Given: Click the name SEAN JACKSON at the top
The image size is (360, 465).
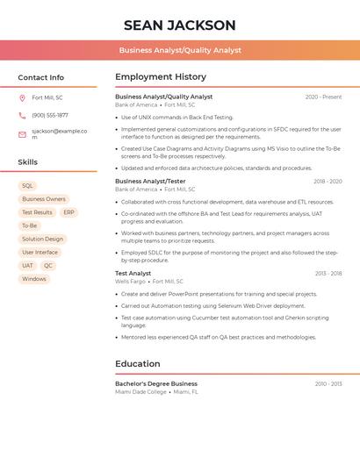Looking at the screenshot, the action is click(x=180, y=25).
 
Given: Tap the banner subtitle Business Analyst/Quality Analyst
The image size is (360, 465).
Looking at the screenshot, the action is click(x=180, y=51).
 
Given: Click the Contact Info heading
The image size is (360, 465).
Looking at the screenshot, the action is click(x=40, y=77).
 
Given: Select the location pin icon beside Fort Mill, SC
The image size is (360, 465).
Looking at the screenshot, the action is click(x=22, y=97).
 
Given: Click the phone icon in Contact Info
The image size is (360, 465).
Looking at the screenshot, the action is click(x=22, y=115).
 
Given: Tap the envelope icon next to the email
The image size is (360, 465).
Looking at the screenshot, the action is click(x=22, y=134).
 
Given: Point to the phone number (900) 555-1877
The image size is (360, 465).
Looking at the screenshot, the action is click(x=50, y=115).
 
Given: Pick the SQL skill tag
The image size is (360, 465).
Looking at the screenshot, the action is click(x=27, y=186).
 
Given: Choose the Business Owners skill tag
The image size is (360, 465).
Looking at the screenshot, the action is click(x=44, y=199).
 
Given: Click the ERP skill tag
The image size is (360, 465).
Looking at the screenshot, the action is click(x=68, y=212).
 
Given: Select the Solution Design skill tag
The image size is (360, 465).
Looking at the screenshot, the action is click(x=42, y=239).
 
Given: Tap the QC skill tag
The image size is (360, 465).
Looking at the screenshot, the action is click(x=48, y=266).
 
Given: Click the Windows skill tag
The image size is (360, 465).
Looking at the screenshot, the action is click(x=34, y=279).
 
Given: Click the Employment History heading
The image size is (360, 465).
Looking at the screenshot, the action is click(x=161, y=77).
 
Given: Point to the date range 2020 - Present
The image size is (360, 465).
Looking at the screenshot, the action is click(x=323, y=97).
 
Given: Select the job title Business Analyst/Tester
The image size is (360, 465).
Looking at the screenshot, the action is click(x=150, y=182).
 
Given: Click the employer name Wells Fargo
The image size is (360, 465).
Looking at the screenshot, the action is click(x=130, y=282).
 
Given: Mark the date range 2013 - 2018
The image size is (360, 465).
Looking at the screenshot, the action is click(x=328, y=274).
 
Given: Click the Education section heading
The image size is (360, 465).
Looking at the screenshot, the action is click(x=138, y=364).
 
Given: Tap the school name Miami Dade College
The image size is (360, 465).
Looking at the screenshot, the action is click(x=140, y=392).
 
